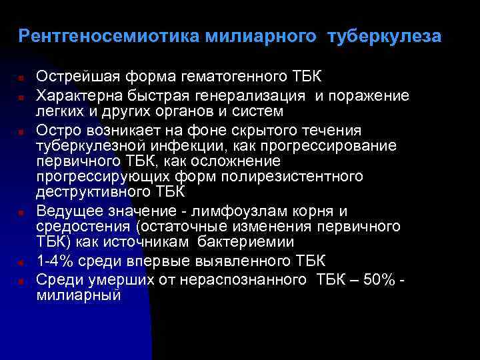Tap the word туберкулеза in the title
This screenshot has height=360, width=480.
pos(384,36)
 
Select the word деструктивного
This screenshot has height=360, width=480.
pos(89,193)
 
